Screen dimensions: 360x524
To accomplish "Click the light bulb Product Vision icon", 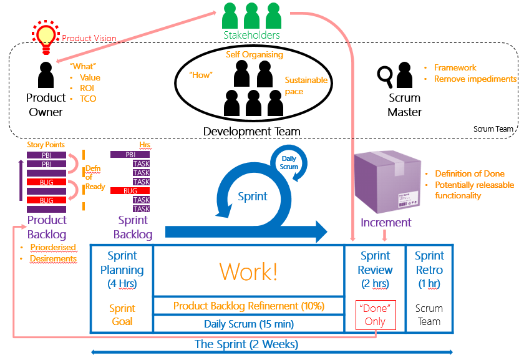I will coord(45,34).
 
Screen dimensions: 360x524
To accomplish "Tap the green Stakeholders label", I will coord(251,36).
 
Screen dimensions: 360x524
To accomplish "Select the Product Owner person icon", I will coord(45,76).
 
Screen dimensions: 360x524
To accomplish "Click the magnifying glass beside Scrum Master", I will coord(386,77).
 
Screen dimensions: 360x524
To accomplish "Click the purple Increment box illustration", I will coord(384,182).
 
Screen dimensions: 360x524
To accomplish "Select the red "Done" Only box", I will coord(376,315).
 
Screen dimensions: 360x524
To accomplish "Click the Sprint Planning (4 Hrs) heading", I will coord(122,270).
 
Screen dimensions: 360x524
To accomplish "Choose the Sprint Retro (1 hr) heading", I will coord(429,270).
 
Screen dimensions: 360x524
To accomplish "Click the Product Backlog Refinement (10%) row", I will coord(248,306).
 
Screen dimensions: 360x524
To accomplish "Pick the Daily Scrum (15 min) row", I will coord(248,324).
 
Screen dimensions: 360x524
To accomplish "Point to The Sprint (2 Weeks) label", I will coord(246,344).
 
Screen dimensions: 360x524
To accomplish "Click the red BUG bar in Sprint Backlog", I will coord(130,190).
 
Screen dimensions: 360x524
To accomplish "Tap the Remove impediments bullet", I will coord(475,79).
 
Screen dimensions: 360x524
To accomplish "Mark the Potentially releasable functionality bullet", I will coord(474,190).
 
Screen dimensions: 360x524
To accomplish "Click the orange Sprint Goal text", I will coord(122,315).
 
